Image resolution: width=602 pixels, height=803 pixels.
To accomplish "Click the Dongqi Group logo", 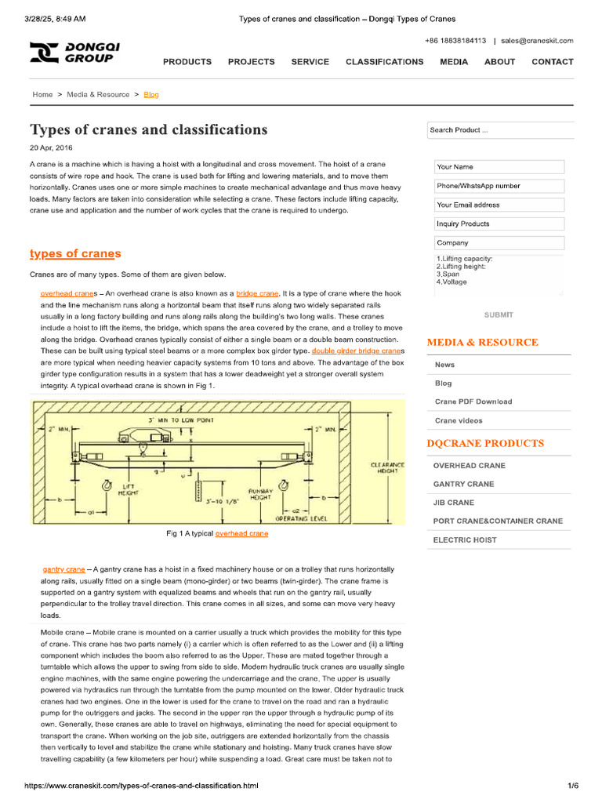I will pos(74,53).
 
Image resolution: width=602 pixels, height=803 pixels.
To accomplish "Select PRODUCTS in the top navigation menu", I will pos(187,62).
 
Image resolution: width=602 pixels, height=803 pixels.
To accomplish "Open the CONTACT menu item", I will pos(552,62).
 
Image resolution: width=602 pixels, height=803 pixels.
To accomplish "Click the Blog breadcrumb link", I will pos(150,95).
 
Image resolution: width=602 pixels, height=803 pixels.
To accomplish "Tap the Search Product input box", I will pos(500,131).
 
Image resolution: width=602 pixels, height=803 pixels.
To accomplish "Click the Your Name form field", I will pos(499,167).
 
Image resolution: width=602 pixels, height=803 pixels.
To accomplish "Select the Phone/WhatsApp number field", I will pos(499,186).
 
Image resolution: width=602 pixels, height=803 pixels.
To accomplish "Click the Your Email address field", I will pos(499,205).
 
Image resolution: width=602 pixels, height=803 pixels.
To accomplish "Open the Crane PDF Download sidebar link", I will pos(473,401).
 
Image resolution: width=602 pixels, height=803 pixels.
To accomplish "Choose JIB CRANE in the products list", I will pos(453,503).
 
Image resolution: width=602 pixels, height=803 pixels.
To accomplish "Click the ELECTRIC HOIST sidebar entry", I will pos(464,540).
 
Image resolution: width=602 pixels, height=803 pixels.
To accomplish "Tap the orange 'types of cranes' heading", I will pos(75,253).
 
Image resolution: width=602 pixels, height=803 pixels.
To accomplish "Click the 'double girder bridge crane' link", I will pos(357,351).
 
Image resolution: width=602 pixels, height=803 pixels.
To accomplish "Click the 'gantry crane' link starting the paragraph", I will pos(63,569).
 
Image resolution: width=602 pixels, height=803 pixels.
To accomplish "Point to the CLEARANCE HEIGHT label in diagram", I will pos(387,469).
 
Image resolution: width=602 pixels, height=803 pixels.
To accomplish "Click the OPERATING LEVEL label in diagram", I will pos(296,518).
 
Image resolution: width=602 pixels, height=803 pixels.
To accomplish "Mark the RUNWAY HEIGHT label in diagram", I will pos(259,493).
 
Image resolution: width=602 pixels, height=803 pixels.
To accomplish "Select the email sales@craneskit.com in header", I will pos(537,41).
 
